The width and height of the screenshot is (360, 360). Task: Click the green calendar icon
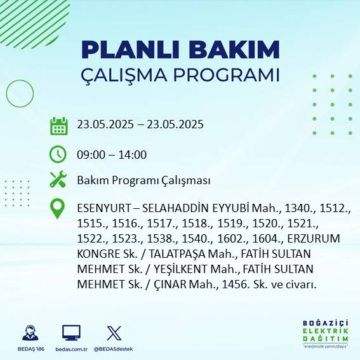click(58, 126)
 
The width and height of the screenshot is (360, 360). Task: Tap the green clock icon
click(58, 154)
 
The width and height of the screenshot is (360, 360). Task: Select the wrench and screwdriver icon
click(58, 180)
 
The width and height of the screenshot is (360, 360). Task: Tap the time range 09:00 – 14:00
click(112, 154)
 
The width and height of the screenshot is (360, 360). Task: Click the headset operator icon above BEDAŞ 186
click(29, 332)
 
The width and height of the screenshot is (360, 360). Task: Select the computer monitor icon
click(71, 332)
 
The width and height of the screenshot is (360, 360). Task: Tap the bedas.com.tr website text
click(72, 349)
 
